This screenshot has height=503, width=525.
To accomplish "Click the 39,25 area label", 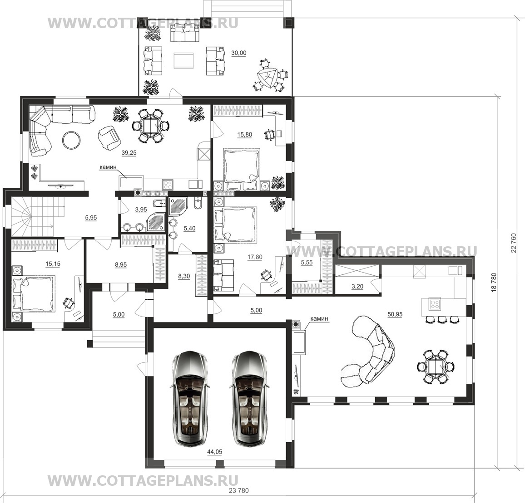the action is point(129,153).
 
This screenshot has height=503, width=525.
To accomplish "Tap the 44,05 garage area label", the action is point(215,452).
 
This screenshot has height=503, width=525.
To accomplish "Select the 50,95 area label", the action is point(395,314).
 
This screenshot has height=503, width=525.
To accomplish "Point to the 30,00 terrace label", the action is point(239,53).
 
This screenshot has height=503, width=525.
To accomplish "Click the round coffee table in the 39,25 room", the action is point(72,139).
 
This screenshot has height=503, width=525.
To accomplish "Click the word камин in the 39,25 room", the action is point(108,167).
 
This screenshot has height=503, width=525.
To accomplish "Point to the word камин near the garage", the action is point(319,319).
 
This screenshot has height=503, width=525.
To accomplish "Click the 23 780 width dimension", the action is point(239,491).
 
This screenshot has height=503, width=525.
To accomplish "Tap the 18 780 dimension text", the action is point(493,283).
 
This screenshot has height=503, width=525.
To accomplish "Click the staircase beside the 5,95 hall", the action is point(37,216).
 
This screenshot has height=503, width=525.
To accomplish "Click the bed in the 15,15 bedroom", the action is point(34,293).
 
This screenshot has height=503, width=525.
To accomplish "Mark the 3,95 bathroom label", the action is point(141,210).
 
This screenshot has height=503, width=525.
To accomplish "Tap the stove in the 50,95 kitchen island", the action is point(435,304).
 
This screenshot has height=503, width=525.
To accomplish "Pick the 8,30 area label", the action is point(184,276).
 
